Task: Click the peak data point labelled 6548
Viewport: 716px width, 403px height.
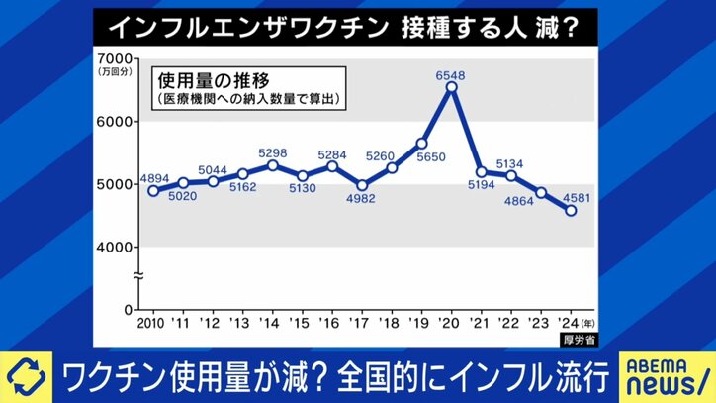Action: point(451,87)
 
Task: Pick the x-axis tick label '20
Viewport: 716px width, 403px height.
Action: point(451,324)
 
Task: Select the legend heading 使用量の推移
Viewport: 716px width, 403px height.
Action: point(212,76)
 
